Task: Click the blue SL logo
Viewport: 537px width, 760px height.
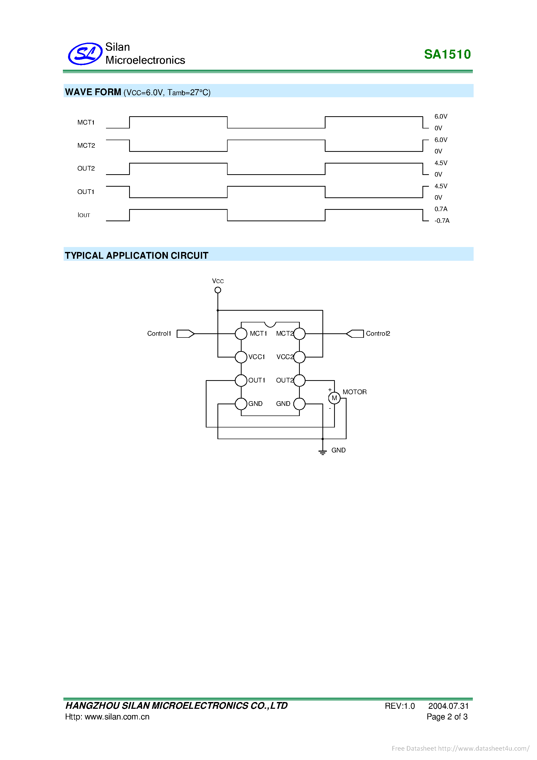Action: coord(85,54)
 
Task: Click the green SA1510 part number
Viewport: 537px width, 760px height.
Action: coord(447,54)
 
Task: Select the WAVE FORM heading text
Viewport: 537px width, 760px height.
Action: coord(93,92)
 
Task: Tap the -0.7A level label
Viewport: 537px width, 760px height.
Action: coord(442,221)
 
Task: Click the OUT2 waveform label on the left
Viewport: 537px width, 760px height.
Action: coord(86,168)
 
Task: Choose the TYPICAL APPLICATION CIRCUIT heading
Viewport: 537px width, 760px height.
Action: coord(137,256)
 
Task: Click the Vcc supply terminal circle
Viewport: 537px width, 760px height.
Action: coord(217,290)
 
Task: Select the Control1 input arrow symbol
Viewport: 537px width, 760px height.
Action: coord(185,334)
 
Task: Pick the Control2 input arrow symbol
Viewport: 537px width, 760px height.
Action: coord(355,334)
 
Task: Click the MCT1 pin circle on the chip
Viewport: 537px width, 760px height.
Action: coord(241,334)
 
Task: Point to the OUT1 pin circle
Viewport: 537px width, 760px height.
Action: coord(241,381)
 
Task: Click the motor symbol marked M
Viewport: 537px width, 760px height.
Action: coord(334,398)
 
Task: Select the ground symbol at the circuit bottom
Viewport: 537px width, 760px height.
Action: coord(322,452)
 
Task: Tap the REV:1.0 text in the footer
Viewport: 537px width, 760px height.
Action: coord(400,706)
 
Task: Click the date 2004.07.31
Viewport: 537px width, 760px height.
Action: coord(448,706)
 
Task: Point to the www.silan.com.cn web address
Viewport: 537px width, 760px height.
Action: coord(117,717)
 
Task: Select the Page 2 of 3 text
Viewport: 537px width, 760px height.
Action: coord(447,717)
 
